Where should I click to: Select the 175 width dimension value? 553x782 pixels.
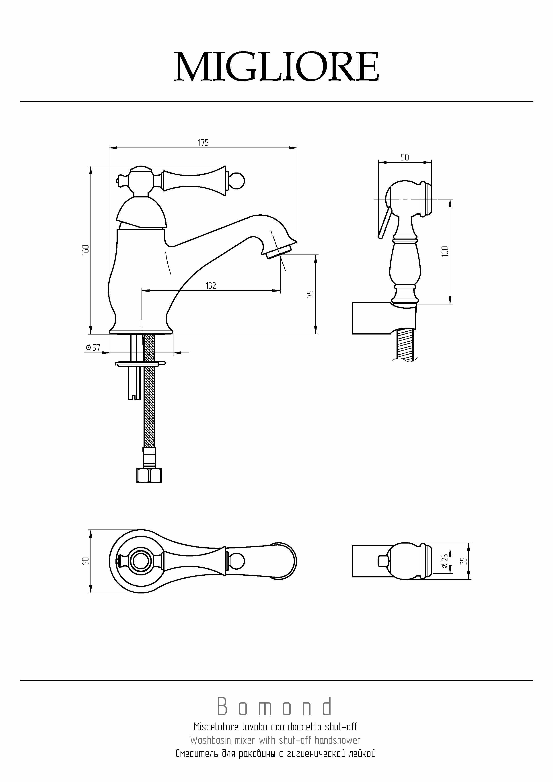[x=203, y=142]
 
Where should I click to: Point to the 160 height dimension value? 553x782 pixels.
[x=86, y=249]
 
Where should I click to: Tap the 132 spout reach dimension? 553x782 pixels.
[x=211, y=285]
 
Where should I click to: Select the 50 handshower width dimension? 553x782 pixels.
[x=405, y=157]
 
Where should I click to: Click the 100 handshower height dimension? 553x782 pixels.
[x=445, y=251]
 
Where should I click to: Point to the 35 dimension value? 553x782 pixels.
[x=463, y=561]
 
